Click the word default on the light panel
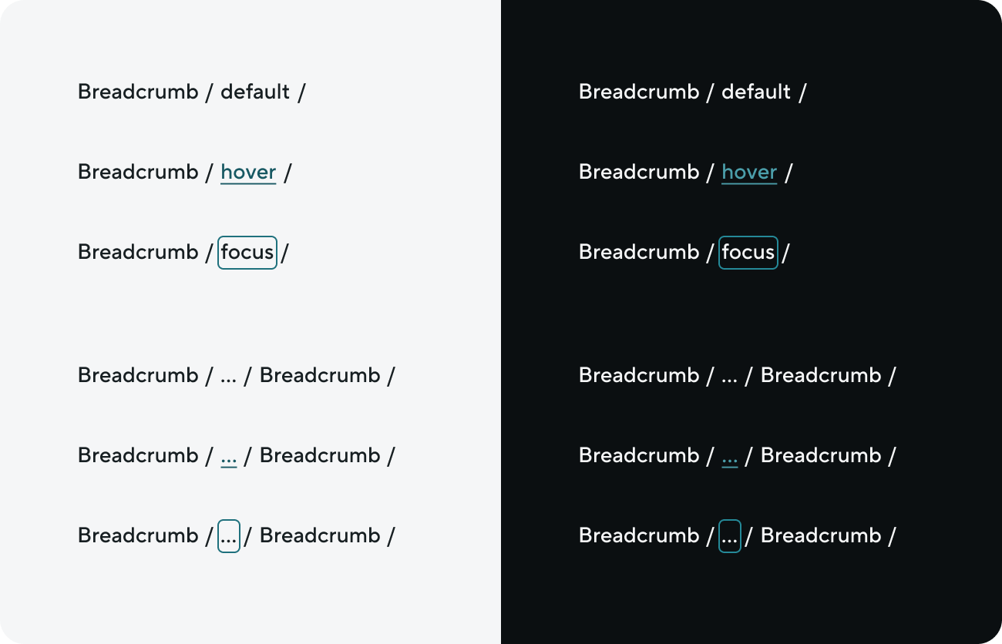click(255, 92)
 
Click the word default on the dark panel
click(756, 92)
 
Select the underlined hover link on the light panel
click(248, 173)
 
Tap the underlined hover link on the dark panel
click(749, 173)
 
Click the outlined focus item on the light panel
click(247, 253)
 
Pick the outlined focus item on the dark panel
click(748, 253)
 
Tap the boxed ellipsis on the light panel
click(229, 536)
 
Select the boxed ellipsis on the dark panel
click(730, 536)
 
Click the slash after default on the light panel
click(302, 92)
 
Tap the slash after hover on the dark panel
click(788, 173)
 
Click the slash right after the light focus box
click(285, 253)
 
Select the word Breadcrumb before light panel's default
click(138, 92)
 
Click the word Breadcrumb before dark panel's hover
click(639, 172)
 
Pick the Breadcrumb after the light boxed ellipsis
click(321, 535)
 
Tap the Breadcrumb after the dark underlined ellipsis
click(822, 455)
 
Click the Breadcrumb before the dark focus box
click(639, 252)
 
